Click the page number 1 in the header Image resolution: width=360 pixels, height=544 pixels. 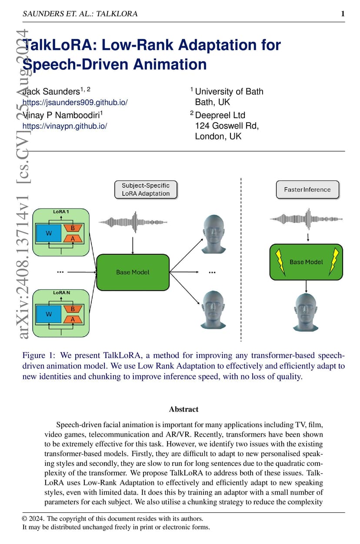[343, 13]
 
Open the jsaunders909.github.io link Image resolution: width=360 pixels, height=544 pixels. [75, 102]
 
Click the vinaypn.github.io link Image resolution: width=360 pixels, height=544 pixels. [65, 126]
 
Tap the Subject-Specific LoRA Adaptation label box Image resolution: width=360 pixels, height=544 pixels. [146, 189]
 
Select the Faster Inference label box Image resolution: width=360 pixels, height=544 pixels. [307, 189]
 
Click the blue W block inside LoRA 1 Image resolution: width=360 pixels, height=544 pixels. [49, 233]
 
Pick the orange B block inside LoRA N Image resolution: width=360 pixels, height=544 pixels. [73, 309]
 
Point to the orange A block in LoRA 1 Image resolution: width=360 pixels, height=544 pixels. [73, 239]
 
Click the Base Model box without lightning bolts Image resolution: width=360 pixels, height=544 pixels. [133, 272]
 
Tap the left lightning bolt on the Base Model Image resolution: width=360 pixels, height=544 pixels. [280, 262]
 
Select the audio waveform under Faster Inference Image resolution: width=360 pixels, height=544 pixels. [306, 219]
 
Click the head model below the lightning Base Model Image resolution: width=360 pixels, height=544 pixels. [306, 312]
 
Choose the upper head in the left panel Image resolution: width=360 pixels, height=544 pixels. [213, 234]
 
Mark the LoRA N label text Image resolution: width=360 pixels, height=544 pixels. [61, 293]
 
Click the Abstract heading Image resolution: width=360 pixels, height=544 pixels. [184, 409]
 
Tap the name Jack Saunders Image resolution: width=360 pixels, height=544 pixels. [51, 92]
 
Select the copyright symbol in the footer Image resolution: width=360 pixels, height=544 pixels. [24, 519]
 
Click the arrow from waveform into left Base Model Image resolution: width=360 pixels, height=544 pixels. [133, 245]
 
